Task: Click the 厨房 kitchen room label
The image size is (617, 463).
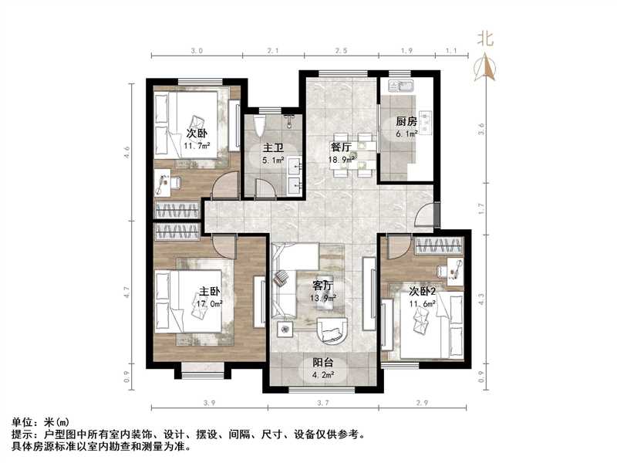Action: pos(406,122)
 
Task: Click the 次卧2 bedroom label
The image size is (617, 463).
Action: pos(423,291)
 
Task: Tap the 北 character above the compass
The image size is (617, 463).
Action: pos(485,37)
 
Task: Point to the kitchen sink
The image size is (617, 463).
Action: pos(402,87)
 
